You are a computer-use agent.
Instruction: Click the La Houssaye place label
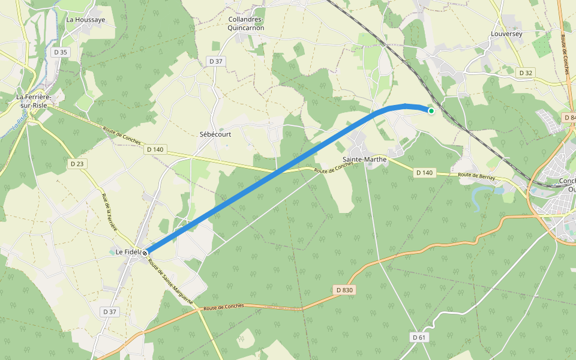86,20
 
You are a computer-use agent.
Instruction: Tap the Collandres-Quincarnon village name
246,23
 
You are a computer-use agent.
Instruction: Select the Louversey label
506,34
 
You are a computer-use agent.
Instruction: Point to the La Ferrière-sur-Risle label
34,101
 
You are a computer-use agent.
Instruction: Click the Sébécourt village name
215,134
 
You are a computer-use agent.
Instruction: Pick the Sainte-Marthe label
364,160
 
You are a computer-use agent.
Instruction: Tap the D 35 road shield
61,52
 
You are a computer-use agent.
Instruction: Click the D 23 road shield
77,163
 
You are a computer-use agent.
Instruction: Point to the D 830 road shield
344,290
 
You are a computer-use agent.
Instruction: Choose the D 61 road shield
419,337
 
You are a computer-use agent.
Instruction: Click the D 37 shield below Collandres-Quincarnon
215,61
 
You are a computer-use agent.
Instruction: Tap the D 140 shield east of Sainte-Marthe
424,173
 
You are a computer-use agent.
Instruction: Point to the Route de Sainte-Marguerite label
170,281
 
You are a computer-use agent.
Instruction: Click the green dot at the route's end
431,110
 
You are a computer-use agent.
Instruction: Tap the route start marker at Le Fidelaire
145,253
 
